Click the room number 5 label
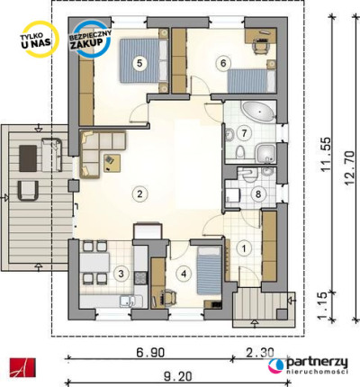pyautogui.click(x=139, y=63)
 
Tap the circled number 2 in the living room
pyautogui.click(x=139, y=193)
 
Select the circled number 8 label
pyautogui.click(x=258, y=194)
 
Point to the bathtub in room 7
pyautogui.click(x=258, y=112)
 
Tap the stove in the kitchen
pyautogui.click(x=140, y=278)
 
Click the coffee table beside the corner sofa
pyautogui.click(x=112, y=163)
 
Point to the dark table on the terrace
pyautogui.click(x=28, y=158)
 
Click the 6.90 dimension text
pyautogui.click(x=150, y=353)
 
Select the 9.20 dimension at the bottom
pyautogui.click(x=178, y=376)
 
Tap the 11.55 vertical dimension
pyautogui.click(x=326, y=155)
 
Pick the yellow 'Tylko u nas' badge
pyautogui.click(x=37, y=39)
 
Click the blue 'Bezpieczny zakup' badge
pyautogui.click(x=91, y=39)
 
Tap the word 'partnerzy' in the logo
pyautogui.click(x=317, y=363)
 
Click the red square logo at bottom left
pyautogui.click(x=22, y=367)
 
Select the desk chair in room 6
pyautogui.click(x=260, y=47)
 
